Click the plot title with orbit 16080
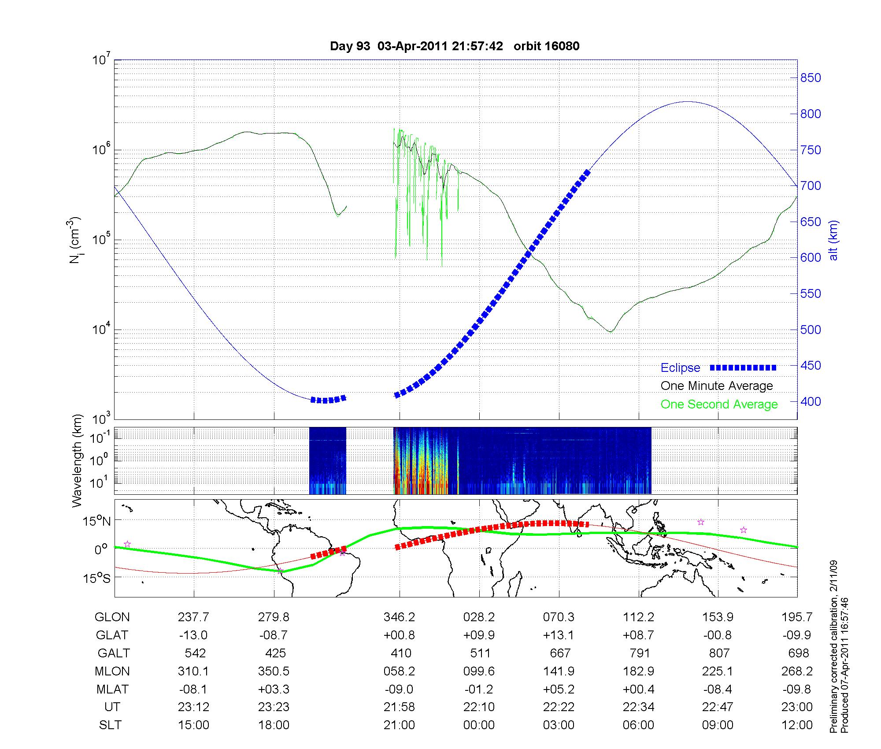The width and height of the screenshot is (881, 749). click(455, 46)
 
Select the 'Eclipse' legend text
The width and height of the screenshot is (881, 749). click(680, 367)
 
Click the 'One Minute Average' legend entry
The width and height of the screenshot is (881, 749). click(717, 386)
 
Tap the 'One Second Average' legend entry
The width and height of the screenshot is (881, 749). click(719, 404)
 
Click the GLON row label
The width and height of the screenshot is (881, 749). click(112, 617)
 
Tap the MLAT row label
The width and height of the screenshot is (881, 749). click(112, 689)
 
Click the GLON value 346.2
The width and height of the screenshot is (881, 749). click(399, 617)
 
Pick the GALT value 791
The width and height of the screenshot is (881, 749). click(640, 653)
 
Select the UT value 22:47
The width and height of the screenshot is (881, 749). click(718, 707)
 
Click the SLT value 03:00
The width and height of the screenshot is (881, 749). click(559, 725)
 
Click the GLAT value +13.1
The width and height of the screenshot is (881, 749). click(559, 635)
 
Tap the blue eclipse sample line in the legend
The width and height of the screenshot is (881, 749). click(743, 367)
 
